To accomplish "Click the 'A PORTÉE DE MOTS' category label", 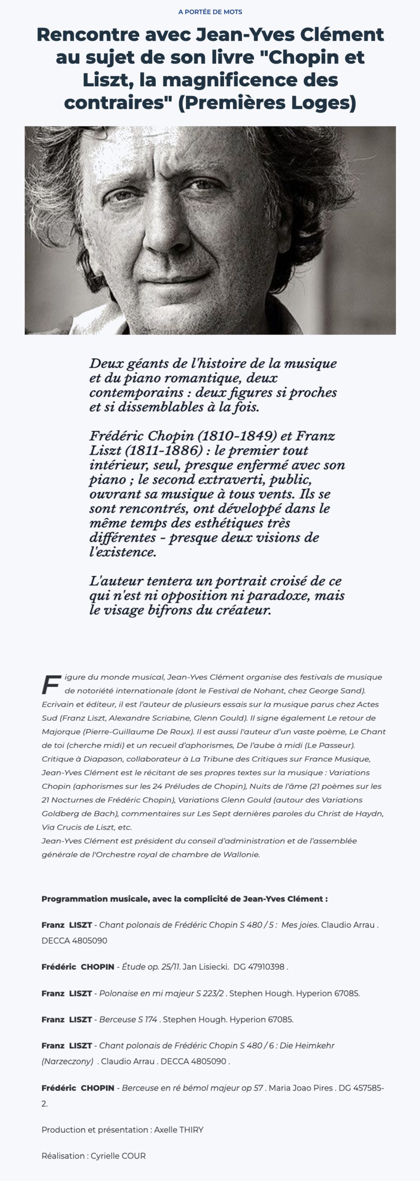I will pos(210,12).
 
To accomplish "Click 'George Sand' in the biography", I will pos(340,691).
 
